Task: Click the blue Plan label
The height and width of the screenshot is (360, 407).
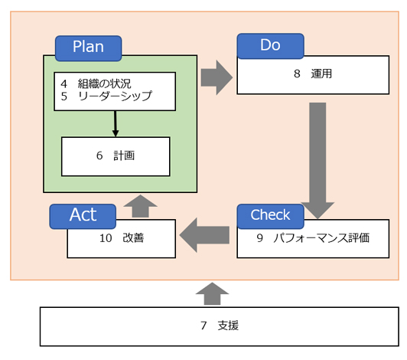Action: click(x=88, y=48)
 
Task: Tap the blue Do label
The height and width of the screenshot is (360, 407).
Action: click(x=271, y=46)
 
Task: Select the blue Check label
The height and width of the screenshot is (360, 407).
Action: click(x=271, y=216)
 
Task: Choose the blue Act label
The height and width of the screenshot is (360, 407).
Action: click(x=83, y=216)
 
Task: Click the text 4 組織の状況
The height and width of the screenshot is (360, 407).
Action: click(x=96, y=83)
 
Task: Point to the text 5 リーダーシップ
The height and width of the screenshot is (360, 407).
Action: click(x=106, y=97)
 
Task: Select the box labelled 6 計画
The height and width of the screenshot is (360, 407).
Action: click(x=116, y=156)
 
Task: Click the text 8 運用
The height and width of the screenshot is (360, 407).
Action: click(x=313, y=74)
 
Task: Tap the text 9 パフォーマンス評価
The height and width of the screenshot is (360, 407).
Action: click(x=313, y=238)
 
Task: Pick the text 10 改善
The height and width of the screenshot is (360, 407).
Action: click(x=122, y=238)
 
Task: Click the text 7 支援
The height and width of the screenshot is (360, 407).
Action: click(x=220, y=326)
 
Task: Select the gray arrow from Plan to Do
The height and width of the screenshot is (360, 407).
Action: click(x=217, y=77)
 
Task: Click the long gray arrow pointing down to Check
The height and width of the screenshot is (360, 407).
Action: click(x=317, y=161)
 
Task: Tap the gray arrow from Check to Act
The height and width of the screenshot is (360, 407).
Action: click(x=204, y=235)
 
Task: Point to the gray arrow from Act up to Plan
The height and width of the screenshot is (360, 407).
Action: click(x=140, y=206)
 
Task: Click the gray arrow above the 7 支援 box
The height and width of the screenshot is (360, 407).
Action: click(x=212, y=293)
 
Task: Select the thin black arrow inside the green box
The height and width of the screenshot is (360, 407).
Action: click(x=116, y=124)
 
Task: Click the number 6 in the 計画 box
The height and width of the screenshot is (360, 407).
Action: click(x=99, y=155)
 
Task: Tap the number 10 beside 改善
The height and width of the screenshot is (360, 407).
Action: click(x=106, y=238)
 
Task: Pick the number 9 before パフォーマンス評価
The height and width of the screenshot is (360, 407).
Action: click(x=260, y=238)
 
